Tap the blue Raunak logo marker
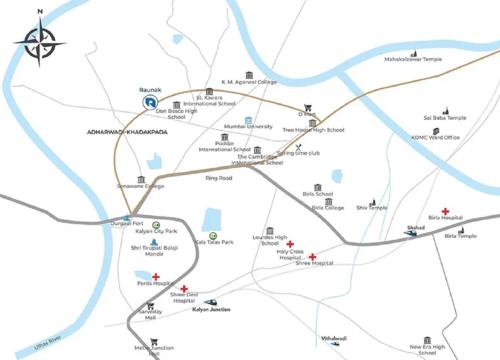pyautogui.click(x=150, y=101)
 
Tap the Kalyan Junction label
pyautogui.click(x=211, y=309)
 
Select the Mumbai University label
pyautogui.click(x=248, y=127)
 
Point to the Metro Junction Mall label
pyautogui.click(x=140, y=350)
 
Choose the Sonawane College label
pyautogui.click(x=140, y=187)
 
